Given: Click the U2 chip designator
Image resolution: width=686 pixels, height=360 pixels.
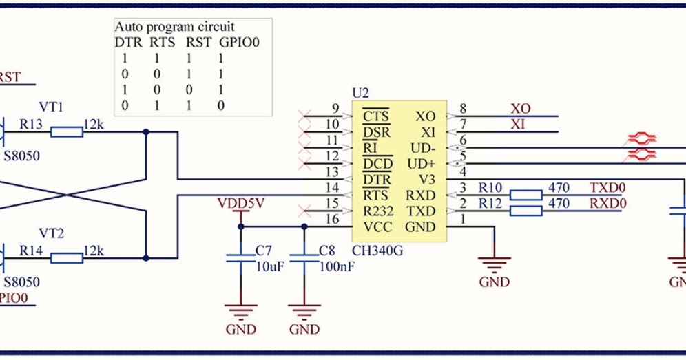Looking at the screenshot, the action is coord(360,93).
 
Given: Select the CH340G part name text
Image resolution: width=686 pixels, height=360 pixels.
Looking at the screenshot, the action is coord(377,251).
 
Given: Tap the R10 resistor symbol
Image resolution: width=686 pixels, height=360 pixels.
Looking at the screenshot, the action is coord(526,195).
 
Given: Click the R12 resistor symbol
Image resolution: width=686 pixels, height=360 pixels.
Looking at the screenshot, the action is coord(526,211).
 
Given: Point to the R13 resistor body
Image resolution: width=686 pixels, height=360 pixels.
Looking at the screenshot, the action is coord(67,132).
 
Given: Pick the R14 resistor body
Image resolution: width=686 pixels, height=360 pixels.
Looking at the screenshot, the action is coord(67,258).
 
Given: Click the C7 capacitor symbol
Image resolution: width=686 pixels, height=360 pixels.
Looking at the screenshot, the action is coord(240,259).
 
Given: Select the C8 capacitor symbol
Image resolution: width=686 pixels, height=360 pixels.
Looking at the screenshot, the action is coord(304,259).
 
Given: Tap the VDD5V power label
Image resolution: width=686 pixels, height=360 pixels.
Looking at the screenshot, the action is coord(240,203).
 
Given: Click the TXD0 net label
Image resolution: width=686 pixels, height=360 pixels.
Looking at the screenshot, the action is coord(607,188).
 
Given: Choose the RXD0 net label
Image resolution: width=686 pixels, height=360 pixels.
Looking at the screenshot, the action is coord(607,203).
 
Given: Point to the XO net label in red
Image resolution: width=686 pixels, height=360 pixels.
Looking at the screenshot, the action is coord(521,109).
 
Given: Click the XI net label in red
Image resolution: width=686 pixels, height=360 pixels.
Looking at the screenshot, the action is coord(517,125).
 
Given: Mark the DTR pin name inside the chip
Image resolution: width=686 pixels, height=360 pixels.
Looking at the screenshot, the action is coord(377,180).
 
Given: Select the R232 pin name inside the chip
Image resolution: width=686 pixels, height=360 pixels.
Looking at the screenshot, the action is coord(378,211).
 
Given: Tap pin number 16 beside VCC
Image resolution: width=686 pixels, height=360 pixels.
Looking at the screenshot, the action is coord(333,219).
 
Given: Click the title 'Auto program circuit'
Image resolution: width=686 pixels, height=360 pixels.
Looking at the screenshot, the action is coord(174,27).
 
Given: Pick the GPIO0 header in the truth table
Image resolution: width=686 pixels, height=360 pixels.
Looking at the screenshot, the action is coord(239,43).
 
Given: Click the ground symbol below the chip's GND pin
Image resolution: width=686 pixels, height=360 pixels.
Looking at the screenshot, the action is coord(495,264).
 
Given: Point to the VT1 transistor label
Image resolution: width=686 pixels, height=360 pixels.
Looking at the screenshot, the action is coord(51,107).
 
